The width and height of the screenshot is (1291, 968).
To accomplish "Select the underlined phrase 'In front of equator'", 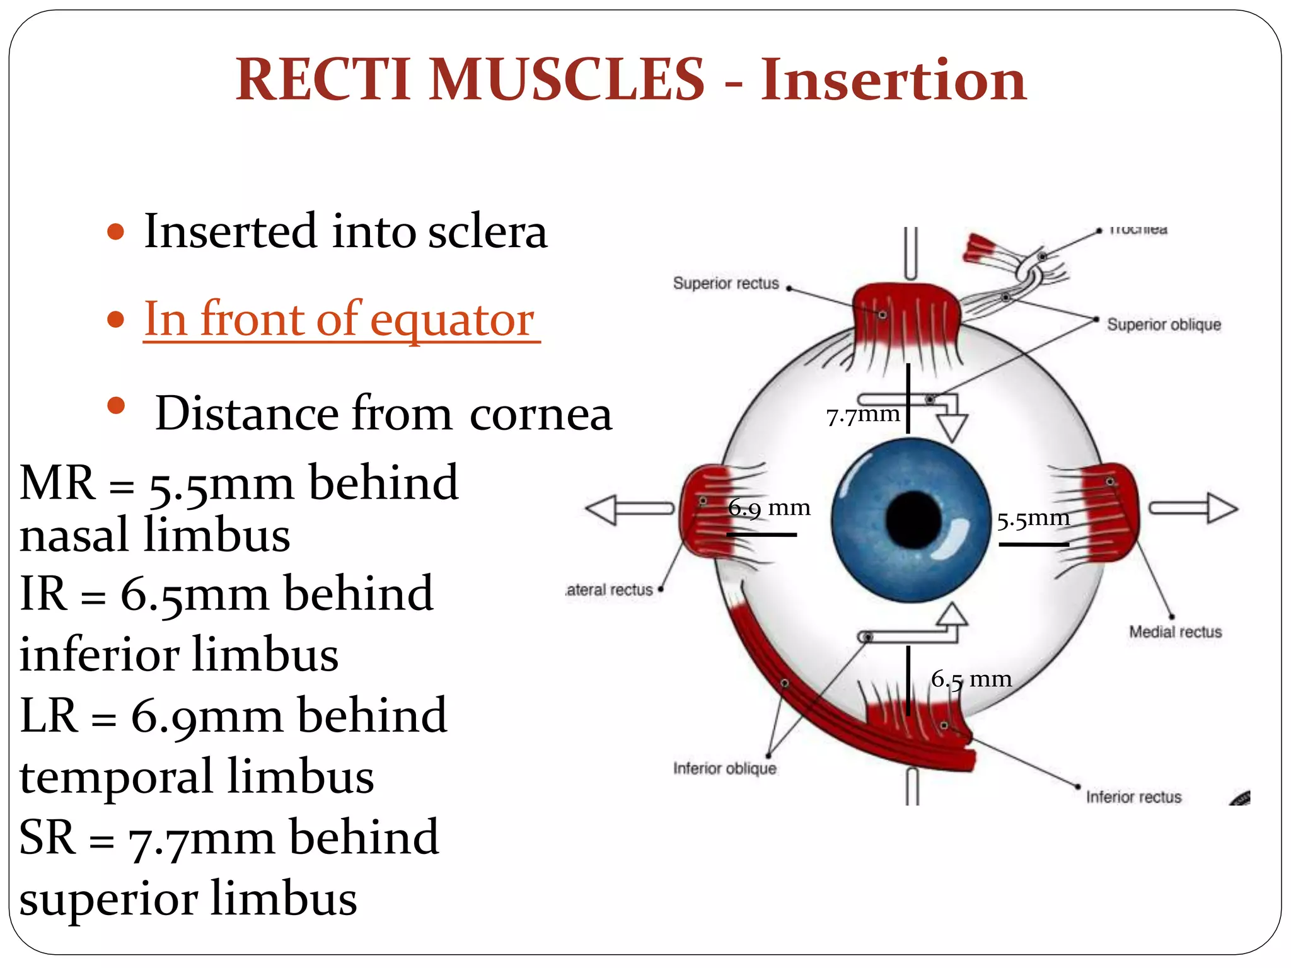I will (x=340, y=319).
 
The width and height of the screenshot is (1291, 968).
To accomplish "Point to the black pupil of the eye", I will (x=913, y=521).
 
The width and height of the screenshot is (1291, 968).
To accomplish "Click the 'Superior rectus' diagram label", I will (x=726, y=284).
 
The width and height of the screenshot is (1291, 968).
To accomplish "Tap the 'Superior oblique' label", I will (x=1164, y=325).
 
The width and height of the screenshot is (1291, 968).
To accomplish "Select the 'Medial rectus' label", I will (x=1175, y=631).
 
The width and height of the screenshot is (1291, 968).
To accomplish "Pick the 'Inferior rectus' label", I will (x=1133, y=797).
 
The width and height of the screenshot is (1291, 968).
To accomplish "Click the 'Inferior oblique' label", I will (x=724, y=768).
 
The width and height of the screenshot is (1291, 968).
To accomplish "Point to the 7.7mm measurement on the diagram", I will (x=862, y=415).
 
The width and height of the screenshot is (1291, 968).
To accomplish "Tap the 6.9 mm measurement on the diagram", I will (x=769, y=507).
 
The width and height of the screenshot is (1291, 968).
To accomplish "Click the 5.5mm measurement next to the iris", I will (x=1033, y=519).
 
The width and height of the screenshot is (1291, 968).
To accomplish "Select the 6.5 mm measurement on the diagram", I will (x=971, y=679).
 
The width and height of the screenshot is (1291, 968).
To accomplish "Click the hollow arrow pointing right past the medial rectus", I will (x=1193, y=508).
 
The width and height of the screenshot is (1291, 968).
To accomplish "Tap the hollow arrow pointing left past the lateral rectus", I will (x=629, y=509).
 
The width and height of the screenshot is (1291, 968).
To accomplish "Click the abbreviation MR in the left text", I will (x=57, y=483).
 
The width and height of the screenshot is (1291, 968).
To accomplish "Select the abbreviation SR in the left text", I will (x=47, y=838).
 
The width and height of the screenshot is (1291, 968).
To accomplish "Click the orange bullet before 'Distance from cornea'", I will (x=116, y=405).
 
